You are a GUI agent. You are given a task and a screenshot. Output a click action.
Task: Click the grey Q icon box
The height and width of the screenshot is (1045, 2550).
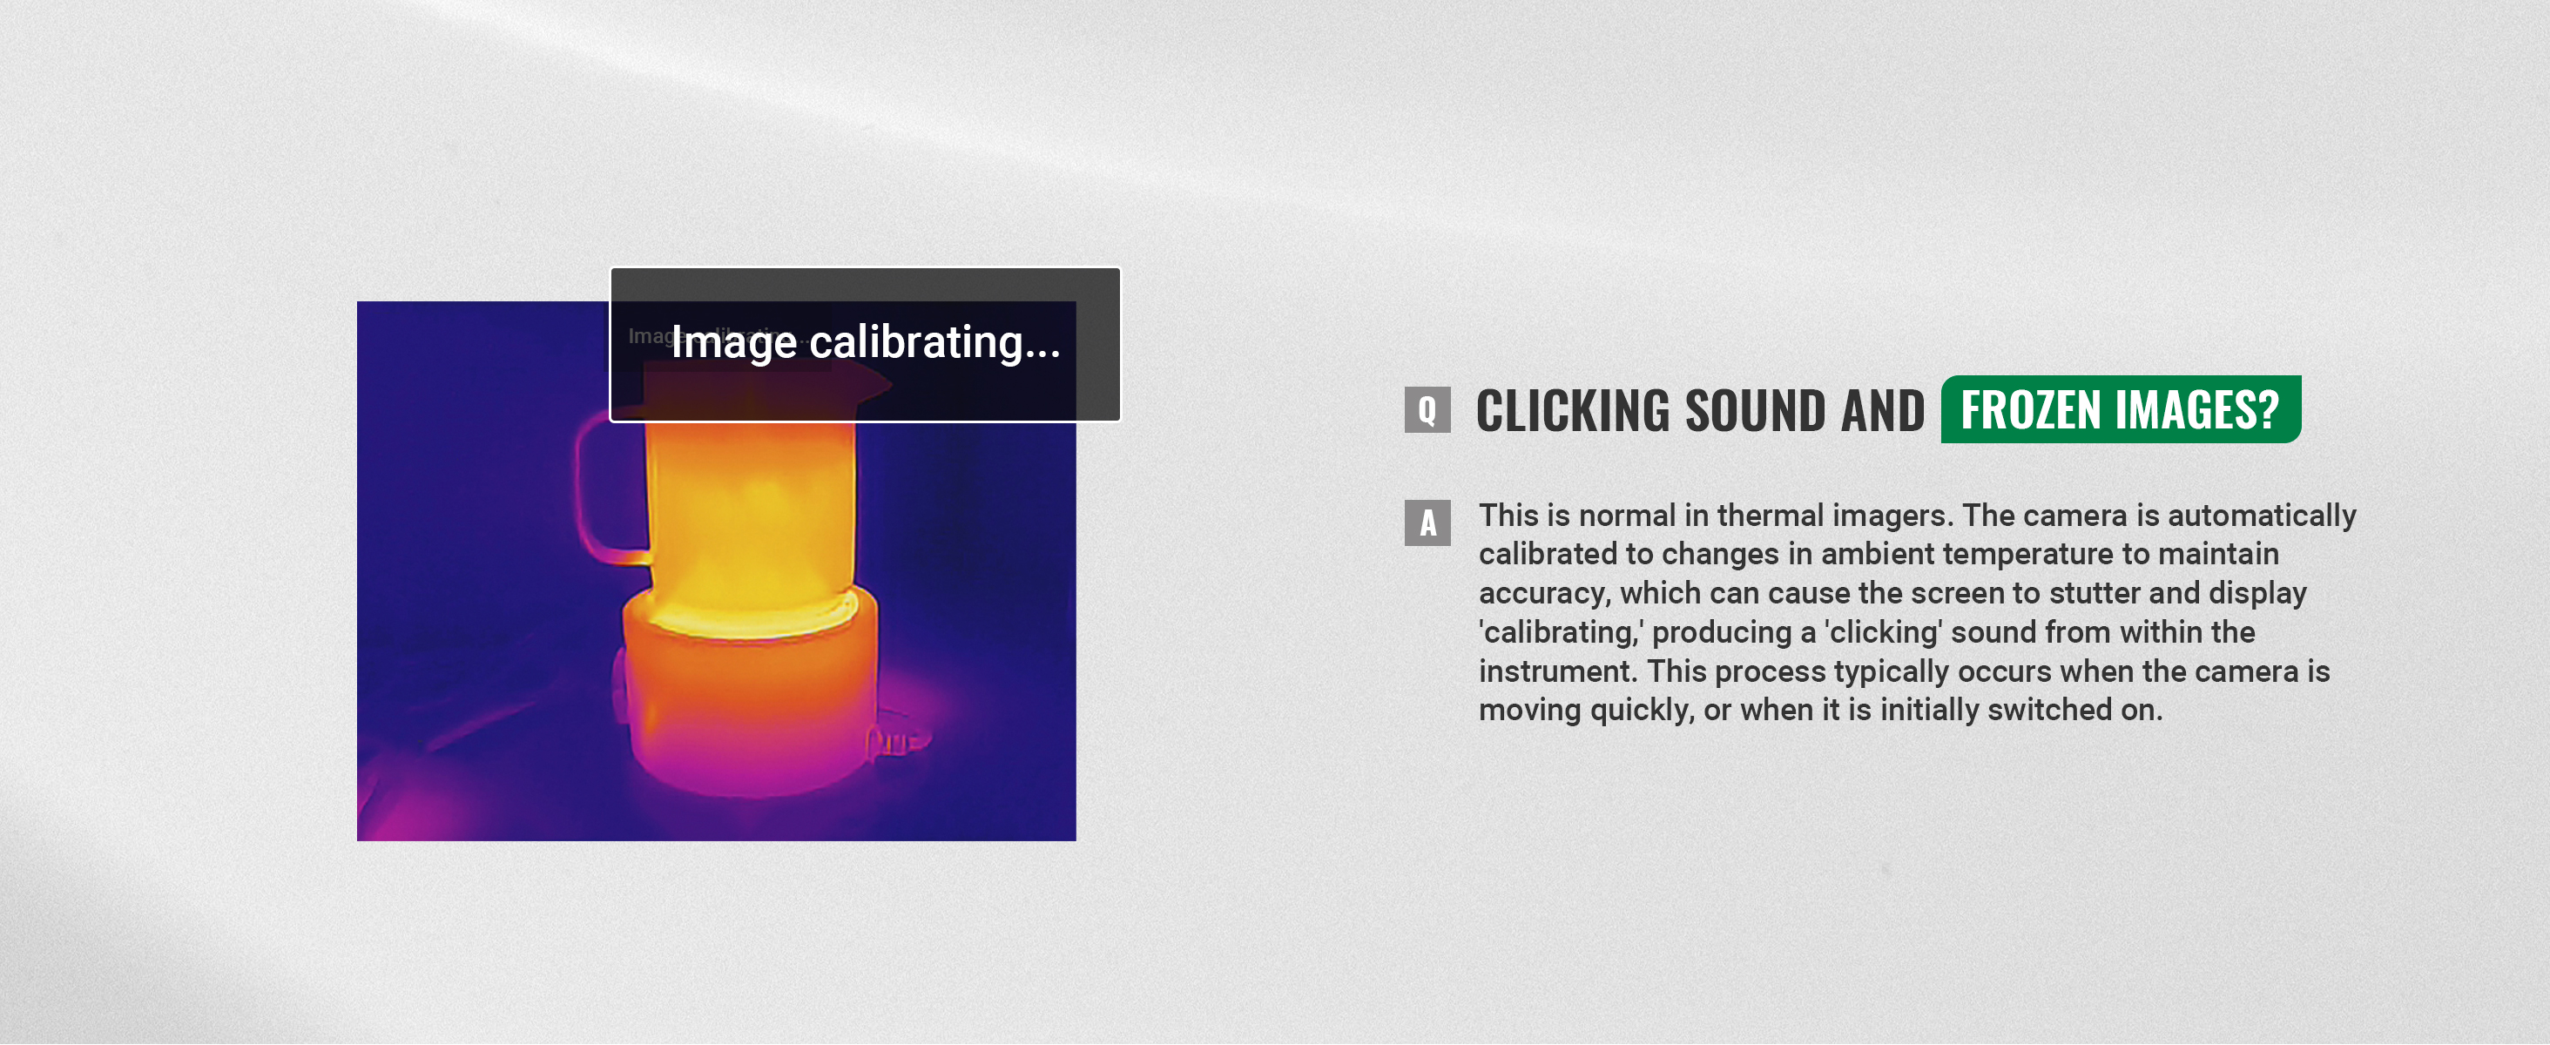(1427, 409)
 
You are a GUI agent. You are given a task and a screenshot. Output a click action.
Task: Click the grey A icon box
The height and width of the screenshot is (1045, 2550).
(1427, 522)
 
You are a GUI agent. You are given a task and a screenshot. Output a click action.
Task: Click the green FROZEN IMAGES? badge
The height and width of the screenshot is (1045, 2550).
(2121, 409)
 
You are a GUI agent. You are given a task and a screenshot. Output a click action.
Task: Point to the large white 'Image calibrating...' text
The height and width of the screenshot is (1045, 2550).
(865, 342)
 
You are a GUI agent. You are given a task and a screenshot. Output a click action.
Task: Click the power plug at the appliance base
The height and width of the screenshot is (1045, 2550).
(897, 740)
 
